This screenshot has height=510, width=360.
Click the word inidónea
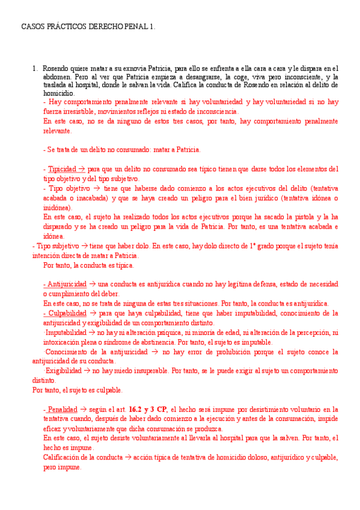tap(57, 207)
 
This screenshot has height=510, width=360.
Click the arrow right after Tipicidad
tap(82, 169)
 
